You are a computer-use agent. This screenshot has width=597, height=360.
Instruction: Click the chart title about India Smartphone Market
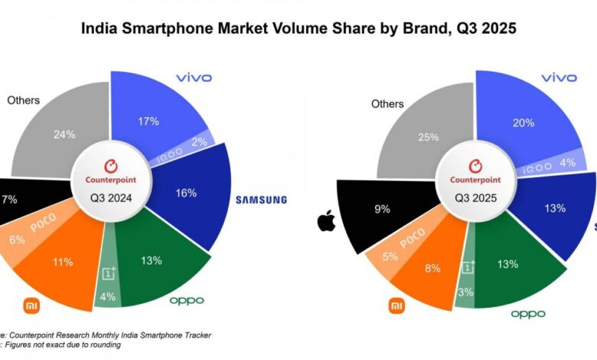coord(298,29)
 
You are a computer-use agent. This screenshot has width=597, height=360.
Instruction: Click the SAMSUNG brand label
coord(261,200)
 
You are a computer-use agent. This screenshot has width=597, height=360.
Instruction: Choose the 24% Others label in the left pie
coord(64,135)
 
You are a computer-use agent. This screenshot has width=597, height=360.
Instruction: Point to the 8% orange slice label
coord(433,269)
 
